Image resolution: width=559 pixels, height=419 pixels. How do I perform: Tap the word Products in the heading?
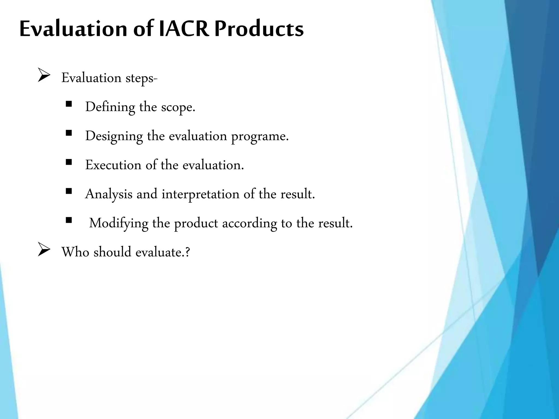[259, 29]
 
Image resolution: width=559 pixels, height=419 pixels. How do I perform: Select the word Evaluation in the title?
[73, 29]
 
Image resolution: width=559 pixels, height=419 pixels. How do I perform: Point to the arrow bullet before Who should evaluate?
[44, 250]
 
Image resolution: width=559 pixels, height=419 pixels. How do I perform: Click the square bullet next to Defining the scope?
[69, 104]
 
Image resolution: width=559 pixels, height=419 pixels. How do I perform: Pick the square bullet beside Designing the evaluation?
[69, 133]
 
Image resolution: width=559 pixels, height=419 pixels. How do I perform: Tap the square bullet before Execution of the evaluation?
[69, 162]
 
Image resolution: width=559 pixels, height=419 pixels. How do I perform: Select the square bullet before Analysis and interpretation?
[69, 191]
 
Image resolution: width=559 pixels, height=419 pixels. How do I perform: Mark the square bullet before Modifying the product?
[69, 220]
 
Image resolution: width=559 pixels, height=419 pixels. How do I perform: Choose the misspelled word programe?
[260, 136]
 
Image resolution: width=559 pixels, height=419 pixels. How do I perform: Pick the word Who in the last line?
[75, 252]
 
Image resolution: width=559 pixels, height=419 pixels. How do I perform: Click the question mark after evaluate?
[187, 252]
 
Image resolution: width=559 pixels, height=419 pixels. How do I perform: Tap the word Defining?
[110, 107]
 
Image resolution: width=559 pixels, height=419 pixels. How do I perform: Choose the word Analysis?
[109, 194]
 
